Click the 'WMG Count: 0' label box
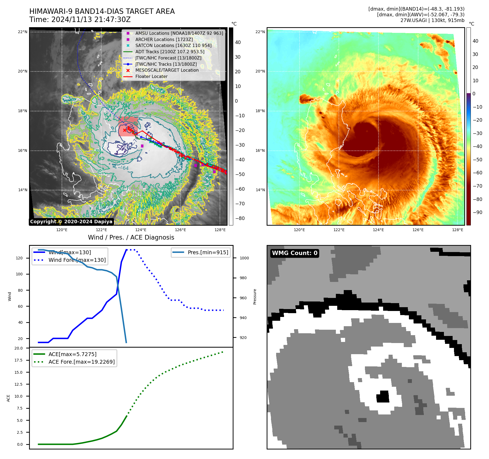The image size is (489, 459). (295, 253)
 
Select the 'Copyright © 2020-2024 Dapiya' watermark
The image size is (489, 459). (71, 222)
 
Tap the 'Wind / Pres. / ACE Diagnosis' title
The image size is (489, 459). (131, 237)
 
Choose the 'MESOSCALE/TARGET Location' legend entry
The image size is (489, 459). (167, 70)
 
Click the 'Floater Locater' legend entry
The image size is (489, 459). (151, 77)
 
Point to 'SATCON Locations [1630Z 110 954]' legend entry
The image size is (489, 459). (173, 46)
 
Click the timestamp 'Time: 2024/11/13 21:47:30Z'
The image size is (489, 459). (80, 20)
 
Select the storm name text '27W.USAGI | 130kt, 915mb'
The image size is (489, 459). (432, 20)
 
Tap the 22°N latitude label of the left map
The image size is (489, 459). (23, 32)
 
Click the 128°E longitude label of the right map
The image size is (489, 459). (458, 230)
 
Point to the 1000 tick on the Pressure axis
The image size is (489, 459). (244, 258)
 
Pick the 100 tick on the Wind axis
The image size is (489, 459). (19, 274)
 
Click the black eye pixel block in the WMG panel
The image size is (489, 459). (383, 397)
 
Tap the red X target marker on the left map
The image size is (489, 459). (125, 130)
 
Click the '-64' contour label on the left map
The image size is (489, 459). (125, 168)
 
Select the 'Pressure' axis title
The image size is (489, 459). (255, 297)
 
